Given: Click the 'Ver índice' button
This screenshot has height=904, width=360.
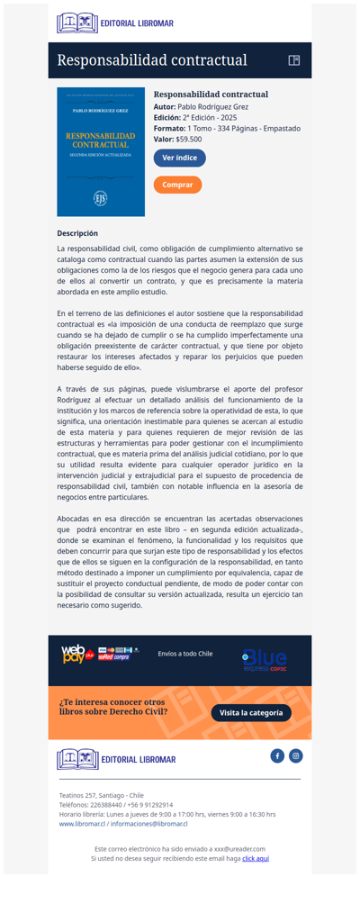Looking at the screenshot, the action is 179,158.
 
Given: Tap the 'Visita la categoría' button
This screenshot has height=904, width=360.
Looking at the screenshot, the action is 251,713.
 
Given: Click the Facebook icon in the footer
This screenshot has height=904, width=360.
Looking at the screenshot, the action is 277,755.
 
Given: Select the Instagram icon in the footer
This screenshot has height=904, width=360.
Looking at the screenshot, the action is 296,755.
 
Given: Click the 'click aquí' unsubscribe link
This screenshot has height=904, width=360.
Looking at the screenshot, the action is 256,858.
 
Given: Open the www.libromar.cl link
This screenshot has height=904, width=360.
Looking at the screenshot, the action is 85,824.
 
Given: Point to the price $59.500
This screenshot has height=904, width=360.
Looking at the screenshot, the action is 189,140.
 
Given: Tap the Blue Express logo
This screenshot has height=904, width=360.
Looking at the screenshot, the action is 265,660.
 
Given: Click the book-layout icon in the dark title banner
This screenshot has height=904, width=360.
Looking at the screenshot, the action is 293,60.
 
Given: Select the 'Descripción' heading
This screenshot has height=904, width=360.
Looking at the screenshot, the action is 77,233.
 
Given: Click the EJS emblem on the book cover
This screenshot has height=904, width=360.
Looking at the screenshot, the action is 101,197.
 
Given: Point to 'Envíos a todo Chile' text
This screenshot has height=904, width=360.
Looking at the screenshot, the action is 185,654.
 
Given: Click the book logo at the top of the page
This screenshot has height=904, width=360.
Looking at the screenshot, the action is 77,23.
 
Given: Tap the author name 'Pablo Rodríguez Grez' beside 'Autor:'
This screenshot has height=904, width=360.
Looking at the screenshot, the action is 212,106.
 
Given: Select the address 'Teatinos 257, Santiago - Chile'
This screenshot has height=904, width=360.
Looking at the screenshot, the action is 101,796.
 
